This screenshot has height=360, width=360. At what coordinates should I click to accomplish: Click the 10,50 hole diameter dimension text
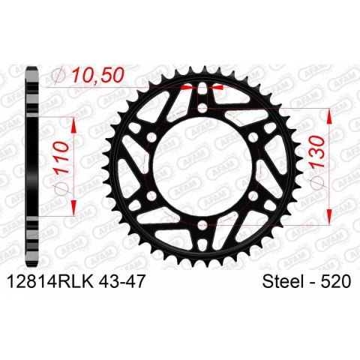click(98, 75)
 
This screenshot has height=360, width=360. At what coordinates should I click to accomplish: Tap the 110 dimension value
click(61, 158)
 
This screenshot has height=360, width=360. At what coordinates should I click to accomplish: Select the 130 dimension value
click(316, 151)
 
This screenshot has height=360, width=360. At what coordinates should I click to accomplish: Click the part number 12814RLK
click(51, 281)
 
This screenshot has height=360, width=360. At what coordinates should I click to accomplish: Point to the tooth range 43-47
click(122, 281)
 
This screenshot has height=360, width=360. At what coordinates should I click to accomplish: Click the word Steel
click(281, 281)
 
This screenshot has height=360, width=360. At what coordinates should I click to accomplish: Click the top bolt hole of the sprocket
click(202, 108)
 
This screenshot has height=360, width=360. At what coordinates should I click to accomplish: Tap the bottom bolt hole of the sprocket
click(202, 226)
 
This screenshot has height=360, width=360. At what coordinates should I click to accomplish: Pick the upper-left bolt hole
click(151, 137)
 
